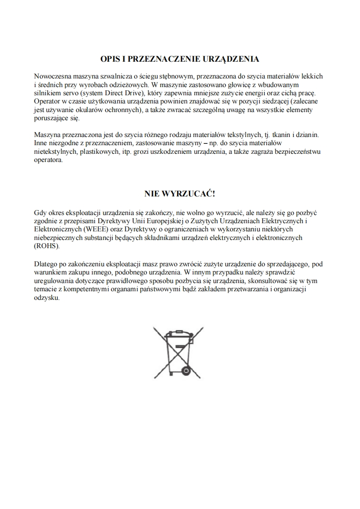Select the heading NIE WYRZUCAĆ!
point(180,194)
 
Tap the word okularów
point(83,109)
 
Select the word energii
point(263,93)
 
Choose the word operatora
point(49,160)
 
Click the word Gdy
point(40,212)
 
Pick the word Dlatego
point(46,264)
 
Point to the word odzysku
point(47,298)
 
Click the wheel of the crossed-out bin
point(186,370)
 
